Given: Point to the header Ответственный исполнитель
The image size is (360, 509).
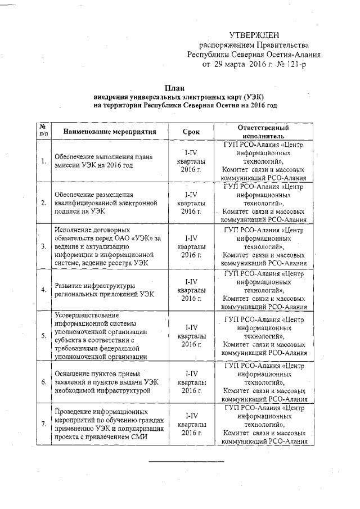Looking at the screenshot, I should tap(264, 132).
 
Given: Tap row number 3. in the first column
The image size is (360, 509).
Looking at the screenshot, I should tap(44, 246).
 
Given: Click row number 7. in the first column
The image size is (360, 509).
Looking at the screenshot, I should tap(44, 424).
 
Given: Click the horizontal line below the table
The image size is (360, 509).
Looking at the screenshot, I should tap(186, 462).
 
